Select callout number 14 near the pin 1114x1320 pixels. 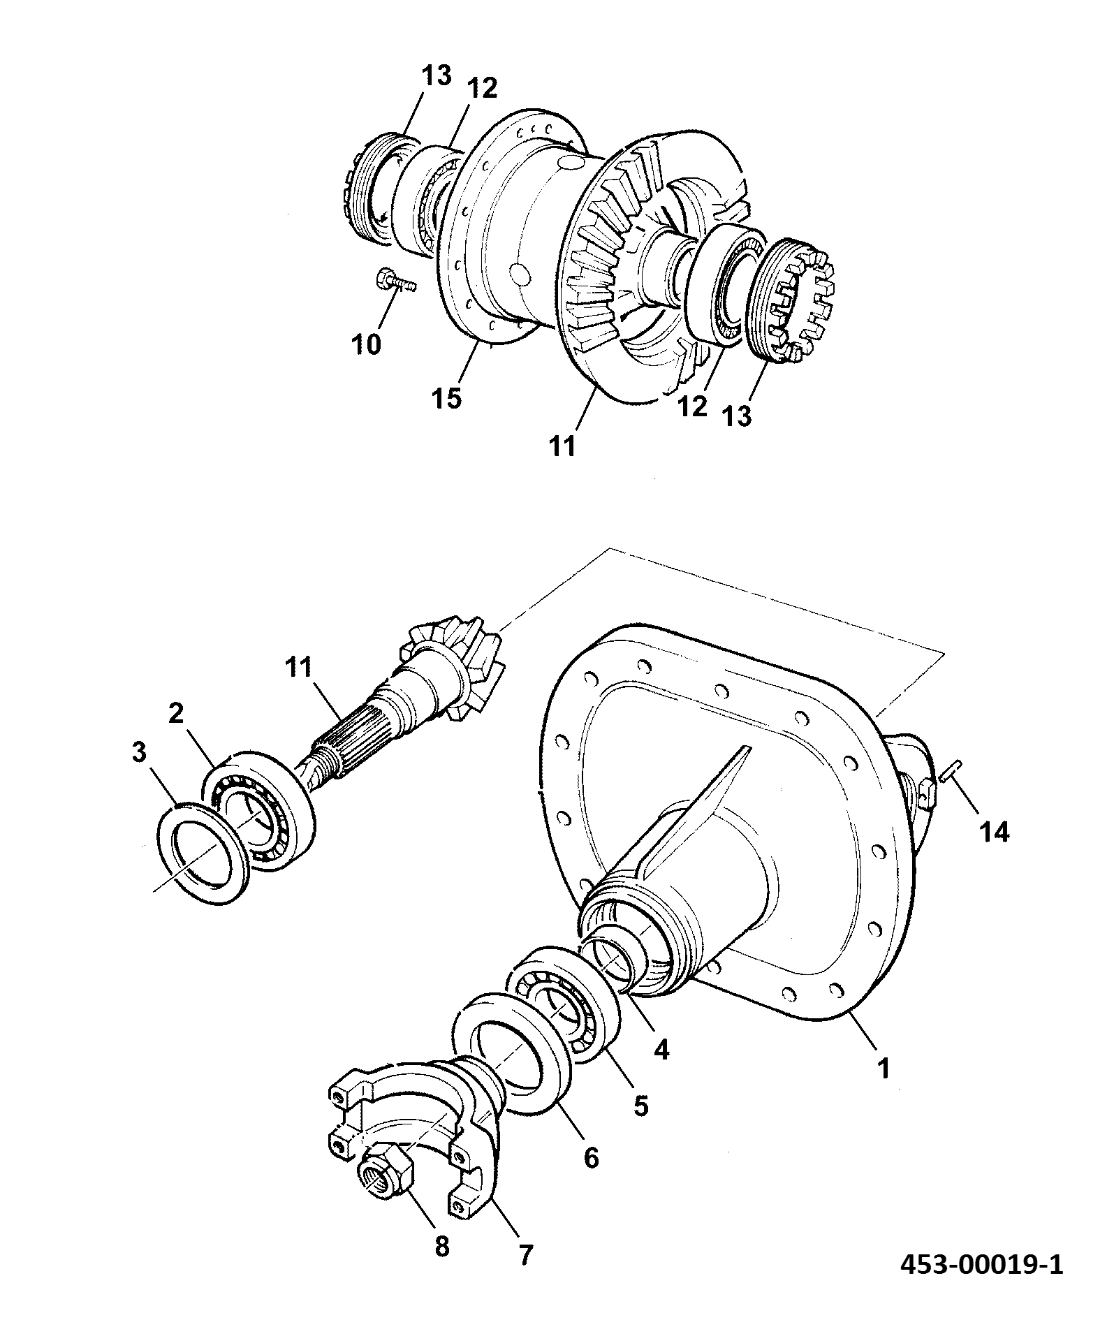point(994,832)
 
